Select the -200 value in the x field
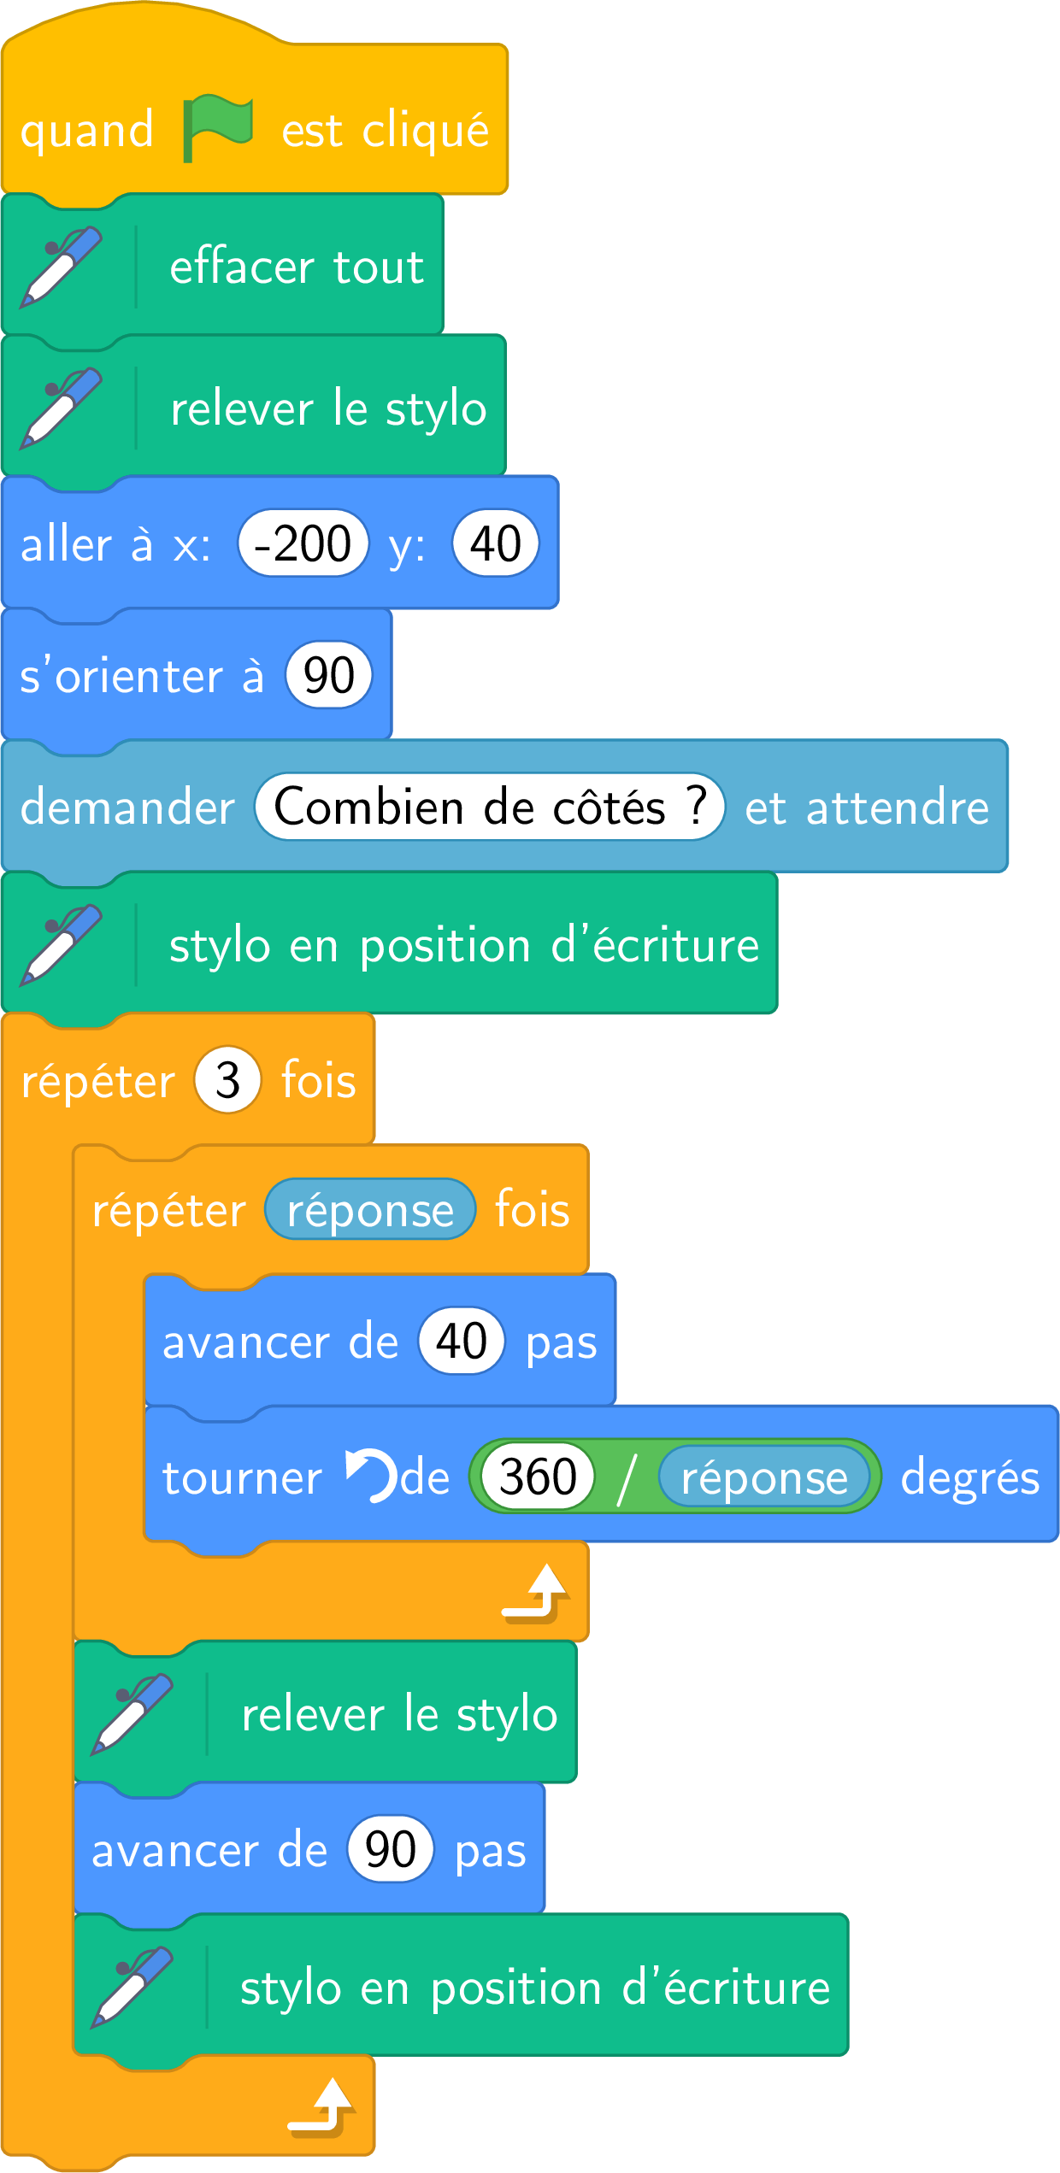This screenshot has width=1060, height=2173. point(303,543)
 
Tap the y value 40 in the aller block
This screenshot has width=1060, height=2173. point(496,543)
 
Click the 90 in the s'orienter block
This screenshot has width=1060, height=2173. point(329,675)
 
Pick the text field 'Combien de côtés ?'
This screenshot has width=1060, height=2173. point(490,807)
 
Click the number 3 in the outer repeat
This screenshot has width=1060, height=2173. point(227,1080)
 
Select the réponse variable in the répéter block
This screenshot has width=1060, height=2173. point(370,1209)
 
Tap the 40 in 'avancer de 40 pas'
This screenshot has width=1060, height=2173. point(462,1341)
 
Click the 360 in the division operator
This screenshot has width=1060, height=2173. point(538,1476)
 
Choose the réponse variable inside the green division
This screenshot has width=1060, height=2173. point(764,1476)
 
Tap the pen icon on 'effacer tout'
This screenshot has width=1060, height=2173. point(62,267)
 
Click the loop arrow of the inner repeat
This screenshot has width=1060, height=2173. point(535,1593)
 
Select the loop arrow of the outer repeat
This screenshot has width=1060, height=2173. point(321,2108)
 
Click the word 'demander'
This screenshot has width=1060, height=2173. point(127,807)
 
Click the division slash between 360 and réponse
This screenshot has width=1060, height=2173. point(627,1477)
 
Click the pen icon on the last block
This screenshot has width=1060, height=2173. point(132,1988)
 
